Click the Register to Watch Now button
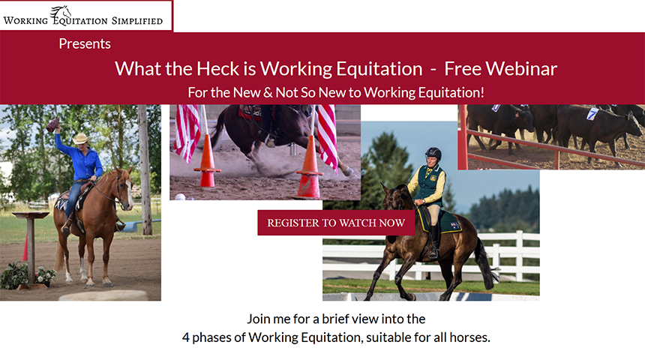pos(336,223)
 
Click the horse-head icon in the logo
pos(60,13)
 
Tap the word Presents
pos(85,43)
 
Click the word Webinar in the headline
pos(521,69)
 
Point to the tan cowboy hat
pos(81,138)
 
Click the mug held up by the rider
pos(52,124)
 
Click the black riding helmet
pos(433,154)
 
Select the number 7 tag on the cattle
pos(592,113)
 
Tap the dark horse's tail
pos(487,263)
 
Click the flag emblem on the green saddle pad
pos(455,225)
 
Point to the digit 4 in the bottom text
pos(186,337)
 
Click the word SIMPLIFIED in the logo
pos(137,20)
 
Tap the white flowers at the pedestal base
pos(46,274)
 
